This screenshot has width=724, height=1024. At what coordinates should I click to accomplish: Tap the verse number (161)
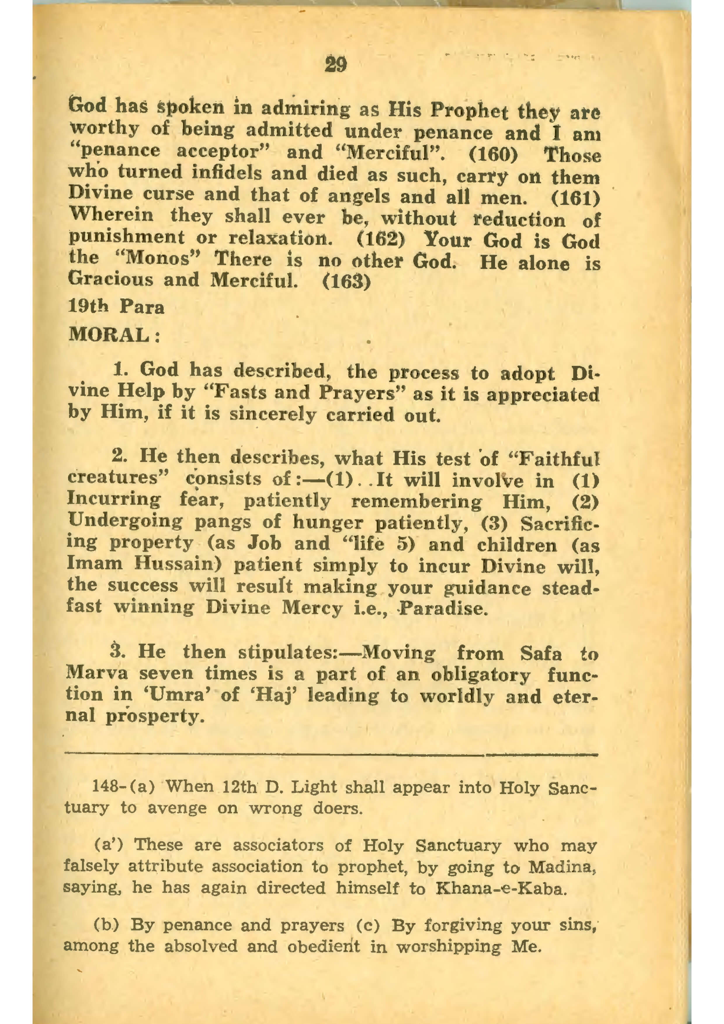coord(575,198)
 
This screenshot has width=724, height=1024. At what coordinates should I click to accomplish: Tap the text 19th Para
coord(116,307)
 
